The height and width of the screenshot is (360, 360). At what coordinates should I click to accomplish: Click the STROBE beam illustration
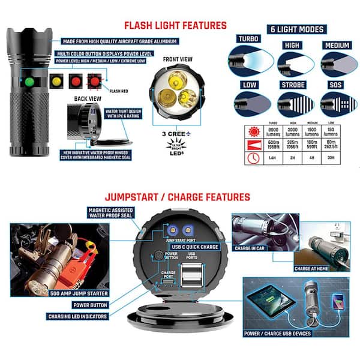pyautogui.click(x=295, y=105)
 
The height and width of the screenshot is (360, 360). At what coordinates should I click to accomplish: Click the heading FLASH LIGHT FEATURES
pyautogui.click(x=175, y=25)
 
